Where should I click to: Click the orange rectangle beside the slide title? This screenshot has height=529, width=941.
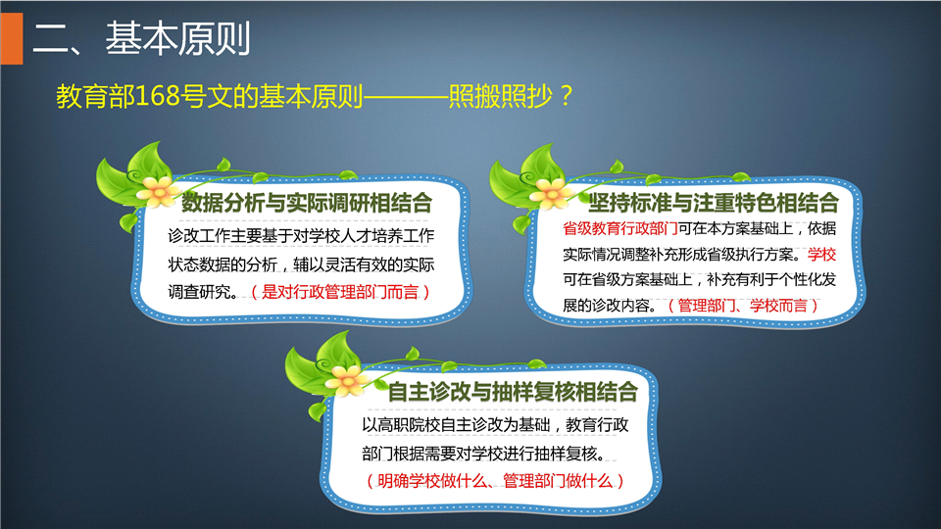coord(12,38)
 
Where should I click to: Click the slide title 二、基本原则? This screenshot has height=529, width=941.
coord(141,39)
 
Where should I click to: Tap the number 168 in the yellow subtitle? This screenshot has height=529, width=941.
coord(158,96)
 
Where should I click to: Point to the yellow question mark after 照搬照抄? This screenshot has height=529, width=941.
coord(565,96)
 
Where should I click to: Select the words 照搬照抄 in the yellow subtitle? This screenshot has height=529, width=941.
coord(500,96)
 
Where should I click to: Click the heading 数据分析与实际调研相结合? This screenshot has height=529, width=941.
coord(307,203)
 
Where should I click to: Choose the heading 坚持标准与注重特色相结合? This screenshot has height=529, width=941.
coord(713,203)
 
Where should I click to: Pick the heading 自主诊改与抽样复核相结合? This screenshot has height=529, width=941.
coord(513,392)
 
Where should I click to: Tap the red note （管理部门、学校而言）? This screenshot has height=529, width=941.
coord(743,306)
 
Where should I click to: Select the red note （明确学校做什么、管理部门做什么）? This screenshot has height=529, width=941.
coord(495,480)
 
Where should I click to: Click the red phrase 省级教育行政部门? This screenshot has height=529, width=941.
coord(619,228)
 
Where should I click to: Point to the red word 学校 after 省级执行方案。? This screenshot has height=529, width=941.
coord(821,255)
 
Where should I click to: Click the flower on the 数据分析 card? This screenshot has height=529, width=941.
coord(158,191)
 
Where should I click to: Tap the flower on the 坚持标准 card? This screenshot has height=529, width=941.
coord(551,192)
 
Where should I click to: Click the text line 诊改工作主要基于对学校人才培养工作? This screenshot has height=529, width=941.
coord(301,236)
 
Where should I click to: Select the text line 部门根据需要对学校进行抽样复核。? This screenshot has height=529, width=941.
coord(483,454)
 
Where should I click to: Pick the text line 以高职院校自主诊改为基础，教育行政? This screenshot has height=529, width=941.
coord(495,424)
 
